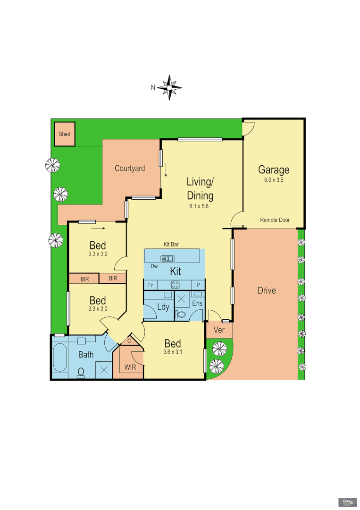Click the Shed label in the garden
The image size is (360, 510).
(x=65, y=134)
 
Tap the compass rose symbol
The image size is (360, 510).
(x=169, y=87)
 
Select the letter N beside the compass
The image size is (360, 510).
(x=153, y=87)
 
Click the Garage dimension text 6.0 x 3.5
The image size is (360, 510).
(x=273, y=180)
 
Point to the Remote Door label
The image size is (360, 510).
(x=275, y=220)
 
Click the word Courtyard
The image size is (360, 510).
(x=130, y=168)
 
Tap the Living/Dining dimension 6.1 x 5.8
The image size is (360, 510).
(x=200, y=206)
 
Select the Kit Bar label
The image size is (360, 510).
(x=170, y=245)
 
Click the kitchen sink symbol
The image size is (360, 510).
(x=167, y=258)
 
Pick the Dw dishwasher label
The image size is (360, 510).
(x=154, y=266)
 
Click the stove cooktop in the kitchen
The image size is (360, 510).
(x=175, y=284)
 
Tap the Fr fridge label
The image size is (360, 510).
(x=151, y=285)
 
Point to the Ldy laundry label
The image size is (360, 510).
(x=163, y=307)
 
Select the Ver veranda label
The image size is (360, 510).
(x=219, y=330)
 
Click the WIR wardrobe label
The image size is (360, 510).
(x=130, y=367)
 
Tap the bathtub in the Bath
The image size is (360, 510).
(x=60, y=357)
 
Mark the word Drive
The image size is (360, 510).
(x=267, y=290)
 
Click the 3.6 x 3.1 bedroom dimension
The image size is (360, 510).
(x=172, y=352)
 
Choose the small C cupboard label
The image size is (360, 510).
(x=129, y=341)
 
